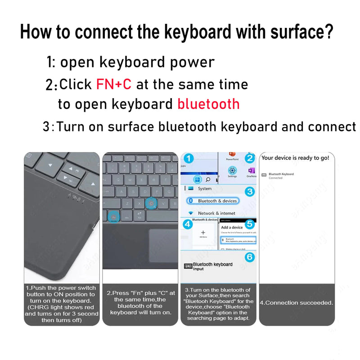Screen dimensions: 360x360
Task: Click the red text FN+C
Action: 113,84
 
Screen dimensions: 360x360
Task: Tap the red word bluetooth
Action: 208,104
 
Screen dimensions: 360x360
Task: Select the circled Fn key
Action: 114,216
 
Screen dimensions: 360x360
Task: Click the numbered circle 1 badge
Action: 189,158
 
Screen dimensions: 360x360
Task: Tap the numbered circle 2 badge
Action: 250,158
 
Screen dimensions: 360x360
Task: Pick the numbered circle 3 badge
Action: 250,192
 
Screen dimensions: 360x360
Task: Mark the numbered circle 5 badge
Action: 250,224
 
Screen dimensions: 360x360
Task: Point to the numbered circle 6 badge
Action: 250,257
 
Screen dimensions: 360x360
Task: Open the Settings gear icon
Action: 232,171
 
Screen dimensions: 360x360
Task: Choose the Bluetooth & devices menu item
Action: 217,201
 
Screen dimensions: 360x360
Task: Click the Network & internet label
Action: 216,213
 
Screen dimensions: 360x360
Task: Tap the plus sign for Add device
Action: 202,233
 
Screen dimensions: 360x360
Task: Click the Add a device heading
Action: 232,228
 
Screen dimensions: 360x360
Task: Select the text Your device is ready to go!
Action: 295,158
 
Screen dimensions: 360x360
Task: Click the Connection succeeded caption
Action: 297,303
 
